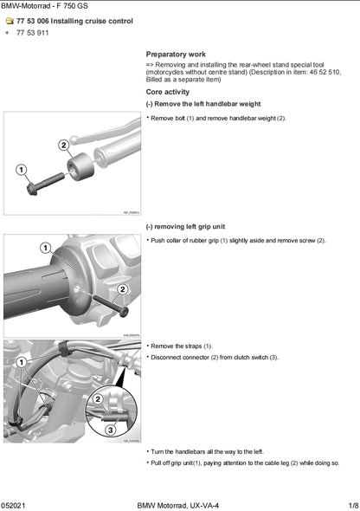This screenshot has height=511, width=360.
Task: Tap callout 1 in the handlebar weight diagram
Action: (21, 171)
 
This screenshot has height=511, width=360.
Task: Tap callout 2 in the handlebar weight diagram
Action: (63, 145)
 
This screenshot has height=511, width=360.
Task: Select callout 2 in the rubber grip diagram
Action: (122, 288)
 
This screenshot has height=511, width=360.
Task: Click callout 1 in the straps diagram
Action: (21, 354)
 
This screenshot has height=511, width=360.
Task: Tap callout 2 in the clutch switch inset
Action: (100, 399)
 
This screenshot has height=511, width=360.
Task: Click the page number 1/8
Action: (352, 504)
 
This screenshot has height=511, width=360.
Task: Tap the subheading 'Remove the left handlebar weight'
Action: (202, 103)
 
